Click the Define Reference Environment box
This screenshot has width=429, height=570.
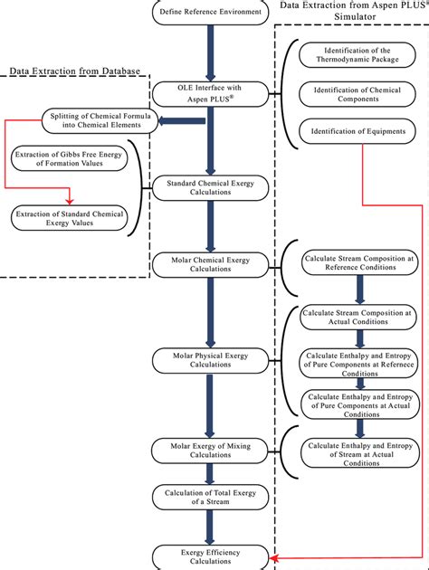pos(211,12)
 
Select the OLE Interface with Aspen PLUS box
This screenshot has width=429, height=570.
pos(211,92)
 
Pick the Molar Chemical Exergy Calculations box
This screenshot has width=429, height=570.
pos(211,264)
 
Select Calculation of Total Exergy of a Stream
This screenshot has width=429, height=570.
pos(211,497)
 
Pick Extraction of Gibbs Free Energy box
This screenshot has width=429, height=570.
pos(70,160)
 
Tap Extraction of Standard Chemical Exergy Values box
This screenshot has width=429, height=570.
pos(70,217)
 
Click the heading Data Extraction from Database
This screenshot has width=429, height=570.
pos(76,71)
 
